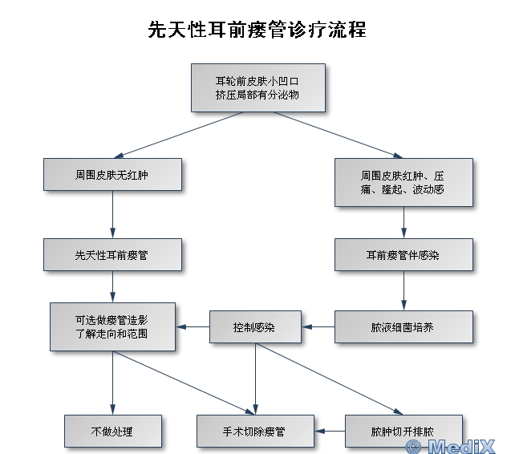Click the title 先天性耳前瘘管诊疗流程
[257, 30]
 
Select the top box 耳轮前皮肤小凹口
[257, 87]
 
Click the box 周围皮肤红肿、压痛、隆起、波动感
[403, 182]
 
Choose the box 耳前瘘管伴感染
[403, 255]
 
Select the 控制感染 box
[254, 327]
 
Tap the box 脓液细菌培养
[403, 327]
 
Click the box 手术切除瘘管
[254, 432]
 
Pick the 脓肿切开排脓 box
[403, 432]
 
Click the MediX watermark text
[458, 444]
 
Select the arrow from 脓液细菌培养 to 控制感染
[318, 327]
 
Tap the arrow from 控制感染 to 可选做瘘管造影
[193, 327]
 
